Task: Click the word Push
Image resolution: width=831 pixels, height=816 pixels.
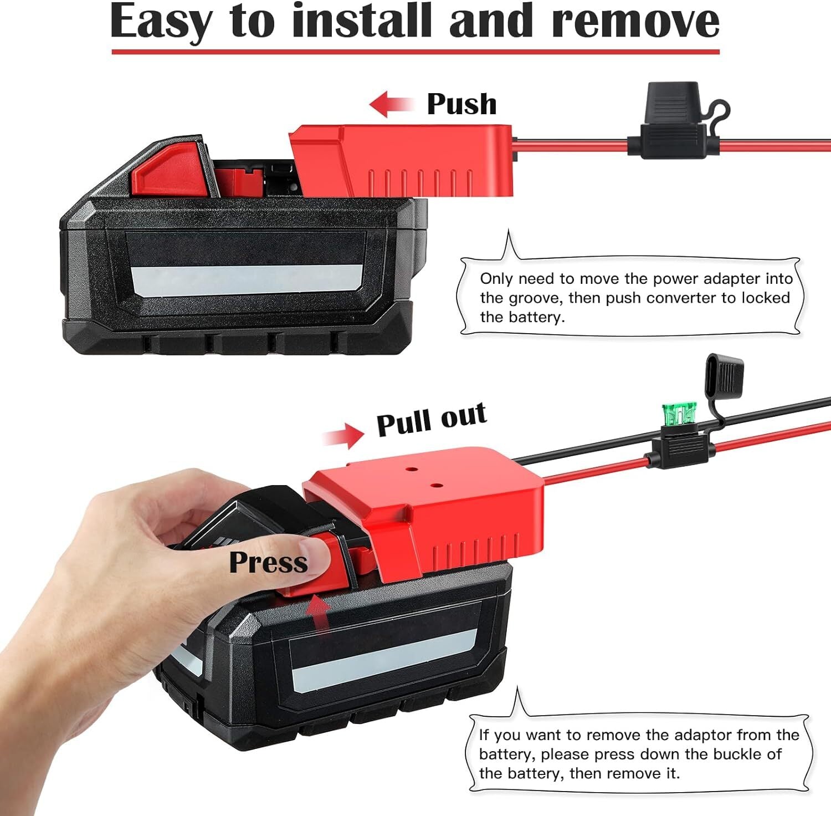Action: click(x=461, y=104)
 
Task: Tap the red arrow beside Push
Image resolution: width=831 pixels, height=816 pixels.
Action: click(x=392, y=105)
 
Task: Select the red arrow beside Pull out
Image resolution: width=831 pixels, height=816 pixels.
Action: click(x=343, y=435)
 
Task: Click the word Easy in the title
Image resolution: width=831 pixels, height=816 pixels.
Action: click(x=161, y=22)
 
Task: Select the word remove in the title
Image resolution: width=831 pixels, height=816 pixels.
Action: click(x=635, y=21)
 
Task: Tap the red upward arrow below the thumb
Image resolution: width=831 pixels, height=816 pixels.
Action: click(x=319, y=613)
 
